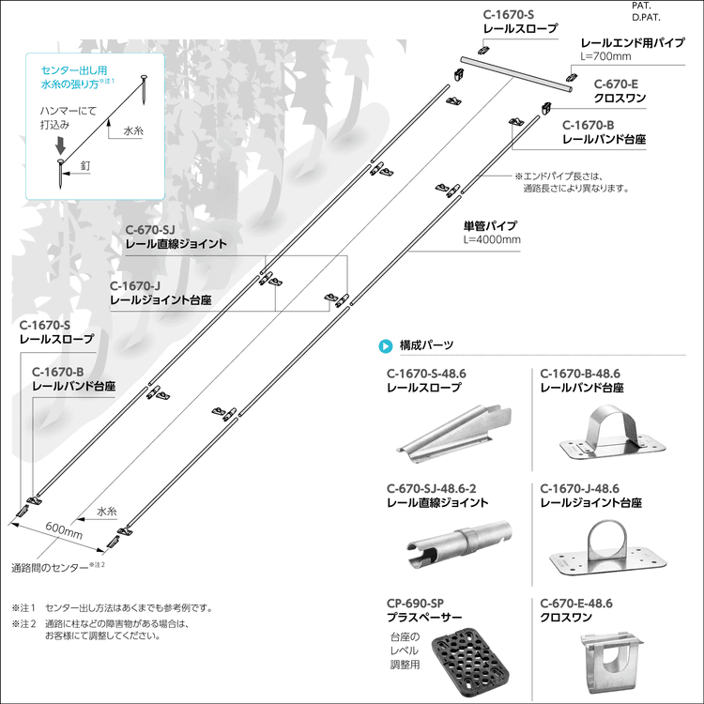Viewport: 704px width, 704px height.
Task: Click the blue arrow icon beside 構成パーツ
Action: (385, 345)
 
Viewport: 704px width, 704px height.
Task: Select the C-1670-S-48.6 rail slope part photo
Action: (455, 430)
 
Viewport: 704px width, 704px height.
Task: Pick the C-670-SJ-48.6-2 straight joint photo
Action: (459, 543)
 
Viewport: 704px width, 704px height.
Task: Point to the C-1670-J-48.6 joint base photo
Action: (605, 550)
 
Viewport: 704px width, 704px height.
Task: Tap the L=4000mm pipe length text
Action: (492, 239)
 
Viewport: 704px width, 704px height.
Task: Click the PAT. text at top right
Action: (643, 6)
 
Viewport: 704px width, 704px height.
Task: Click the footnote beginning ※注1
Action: (112, 607)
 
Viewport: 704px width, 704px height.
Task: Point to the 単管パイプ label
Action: (489, 226)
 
